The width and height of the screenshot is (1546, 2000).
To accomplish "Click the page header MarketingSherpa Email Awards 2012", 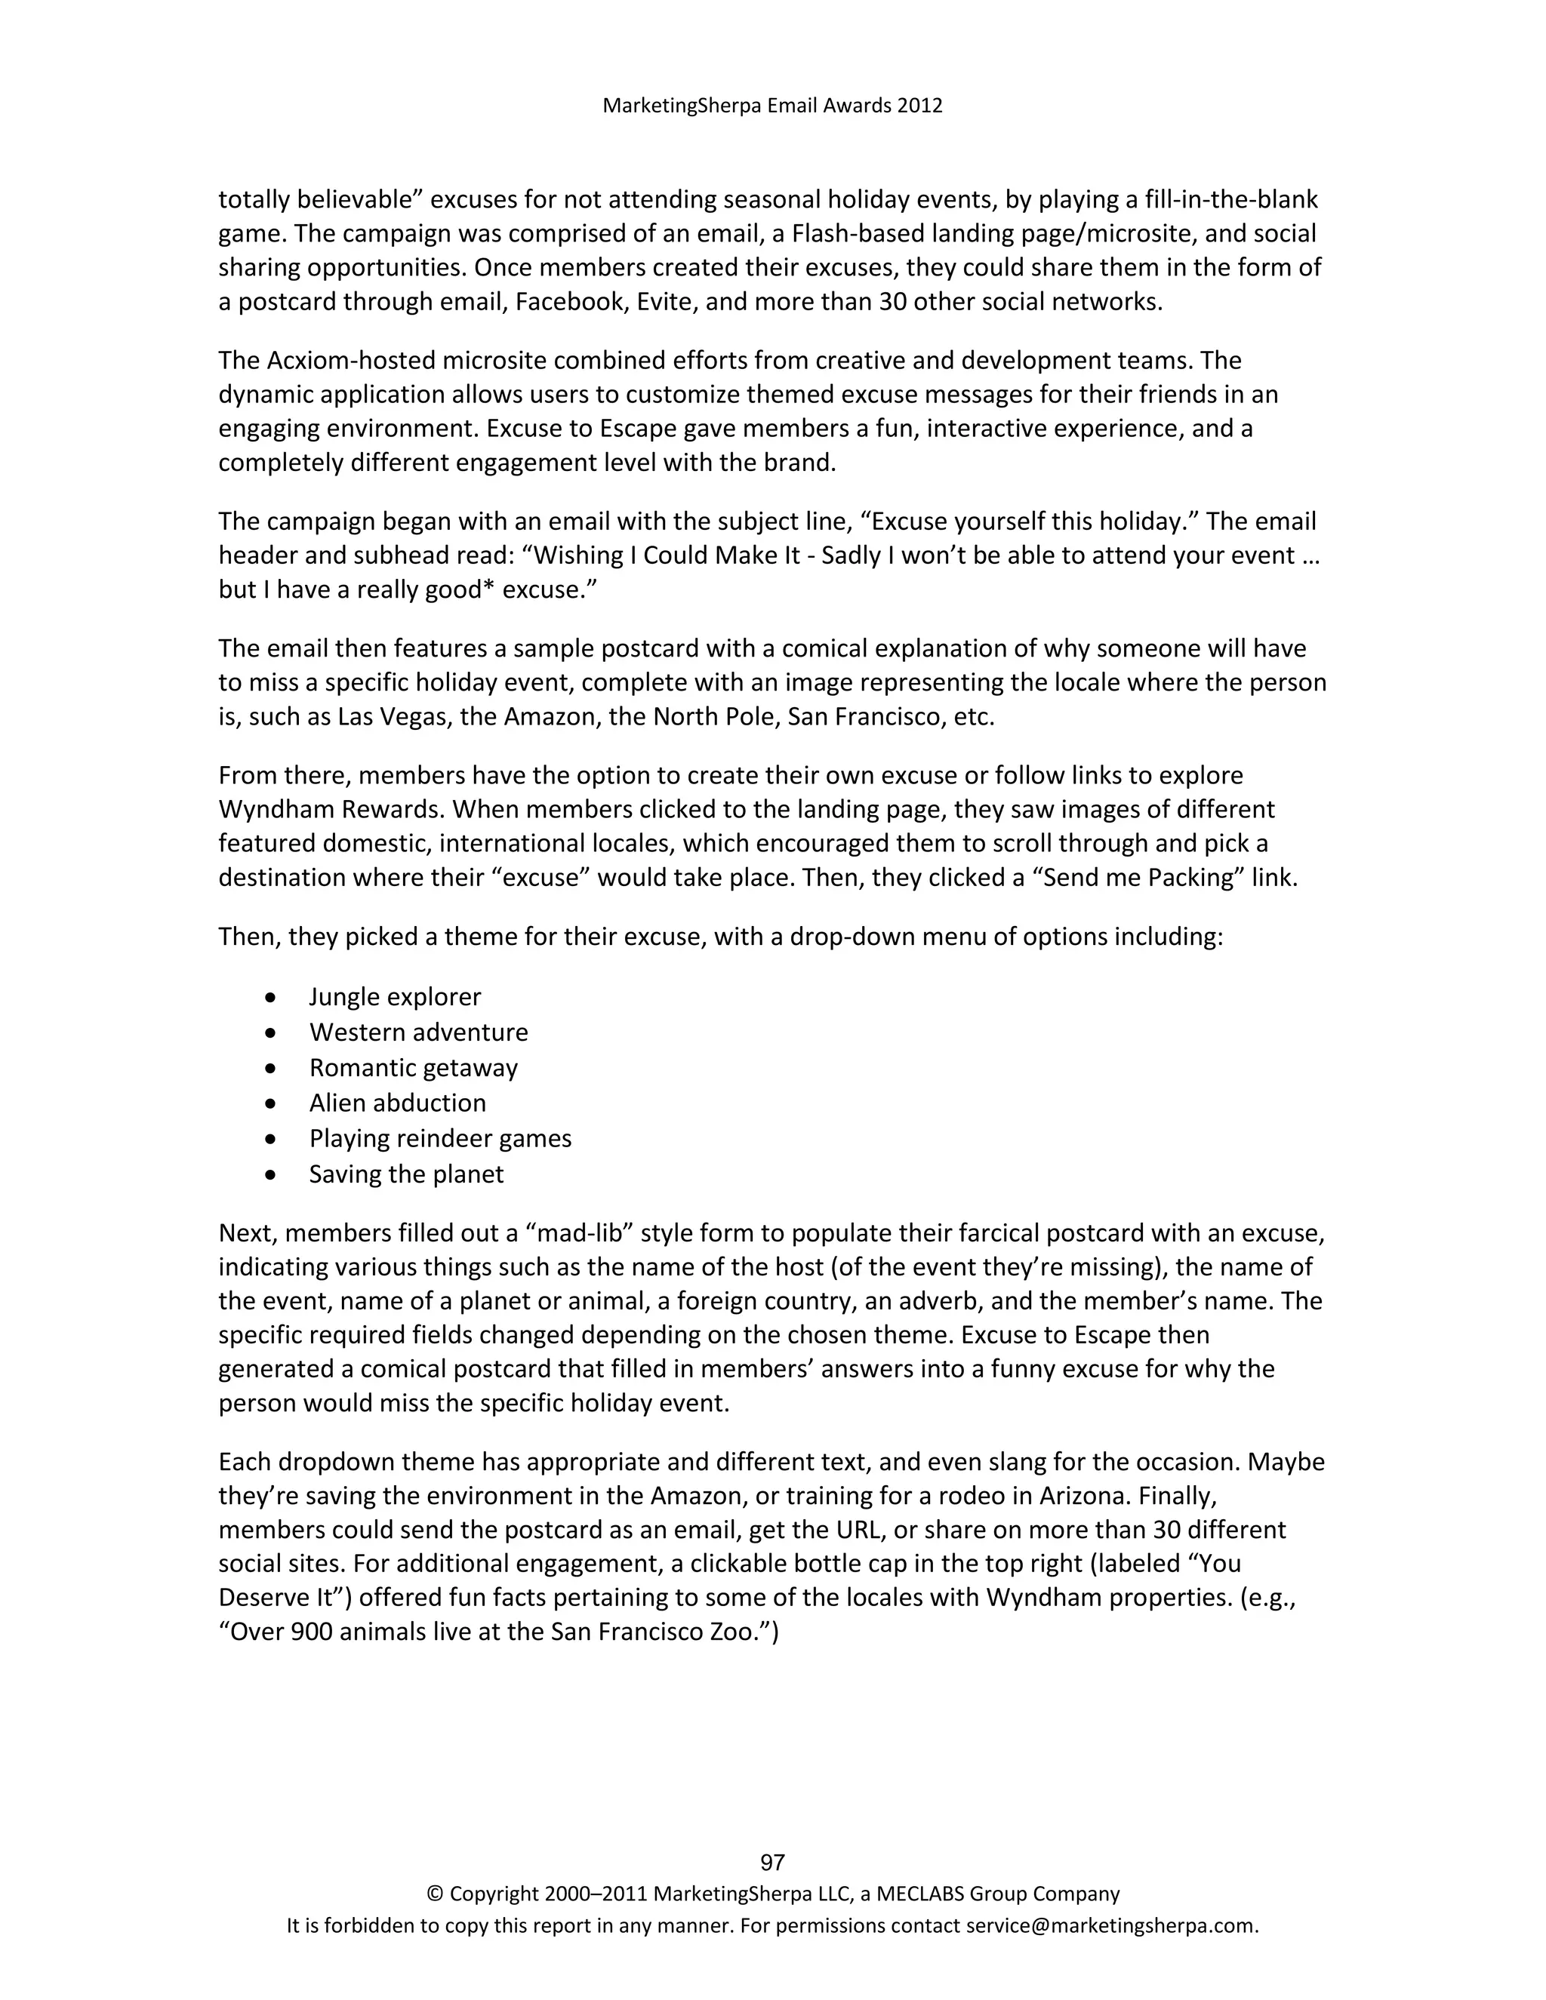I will [772, 106].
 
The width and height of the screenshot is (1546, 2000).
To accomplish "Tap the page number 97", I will [772, 1862].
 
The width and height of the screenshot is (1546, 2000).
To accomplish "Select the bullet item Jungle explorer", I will [395, 996].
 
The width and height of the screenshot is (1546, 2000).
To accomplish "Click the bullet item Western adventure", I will [418, 1032].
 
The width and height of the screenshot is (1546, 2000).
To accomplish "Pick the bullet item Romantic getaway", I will [413, 1068].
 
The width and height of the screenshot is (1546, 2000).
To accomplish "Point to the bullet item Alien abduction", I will [398, 1103].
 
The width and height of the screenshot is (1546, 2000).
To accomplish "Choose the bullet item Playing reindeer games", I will [439, 1138].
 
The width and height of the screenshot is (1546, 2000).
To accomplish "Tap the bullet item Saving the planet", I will [405, 1174].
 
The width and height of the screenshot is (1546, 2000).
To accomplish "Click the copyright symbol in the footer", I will [434, 1894].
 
